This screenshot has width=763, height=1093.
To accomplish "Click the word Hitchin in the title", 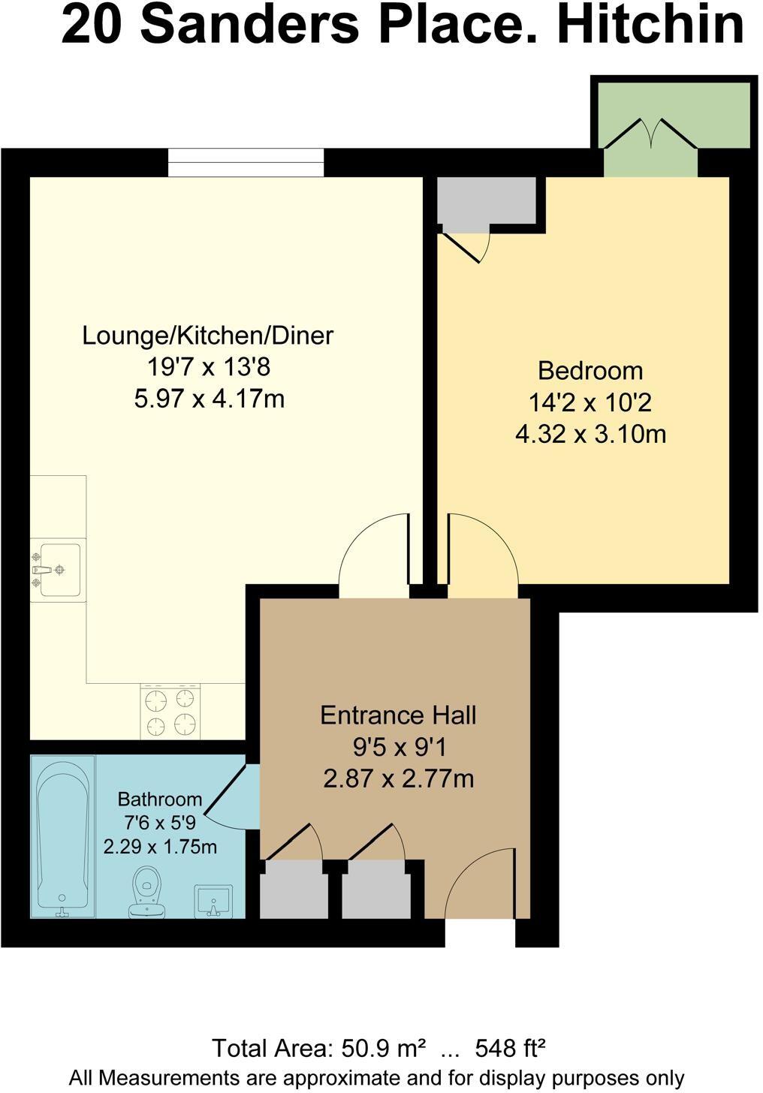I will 651,24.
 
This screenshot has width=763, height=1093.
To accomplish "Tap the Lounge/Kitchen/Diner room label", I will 207,335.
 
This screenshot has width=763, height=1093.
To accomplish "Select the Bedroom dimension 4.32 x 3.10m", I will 590,434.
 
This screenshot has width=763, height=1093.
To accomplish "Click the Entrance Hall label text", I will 398,715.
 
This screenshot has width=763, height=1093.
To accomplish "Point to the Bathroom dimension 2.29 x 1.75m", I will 160,847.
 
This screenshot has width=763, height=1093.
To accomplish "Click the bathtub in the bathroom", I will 63,835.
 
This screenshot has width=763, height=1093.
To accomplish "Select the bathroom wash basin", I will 214,900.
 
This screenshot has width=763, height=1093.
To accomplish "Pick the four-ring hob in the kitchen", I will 170,712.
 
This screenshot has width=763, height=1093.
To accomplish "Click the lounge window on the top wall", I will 246,162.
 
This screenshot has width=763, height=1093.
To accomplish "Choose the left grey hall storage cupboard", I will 294,889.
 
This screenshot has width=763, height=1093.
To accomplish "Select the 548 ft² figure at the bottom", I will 510,1047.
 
